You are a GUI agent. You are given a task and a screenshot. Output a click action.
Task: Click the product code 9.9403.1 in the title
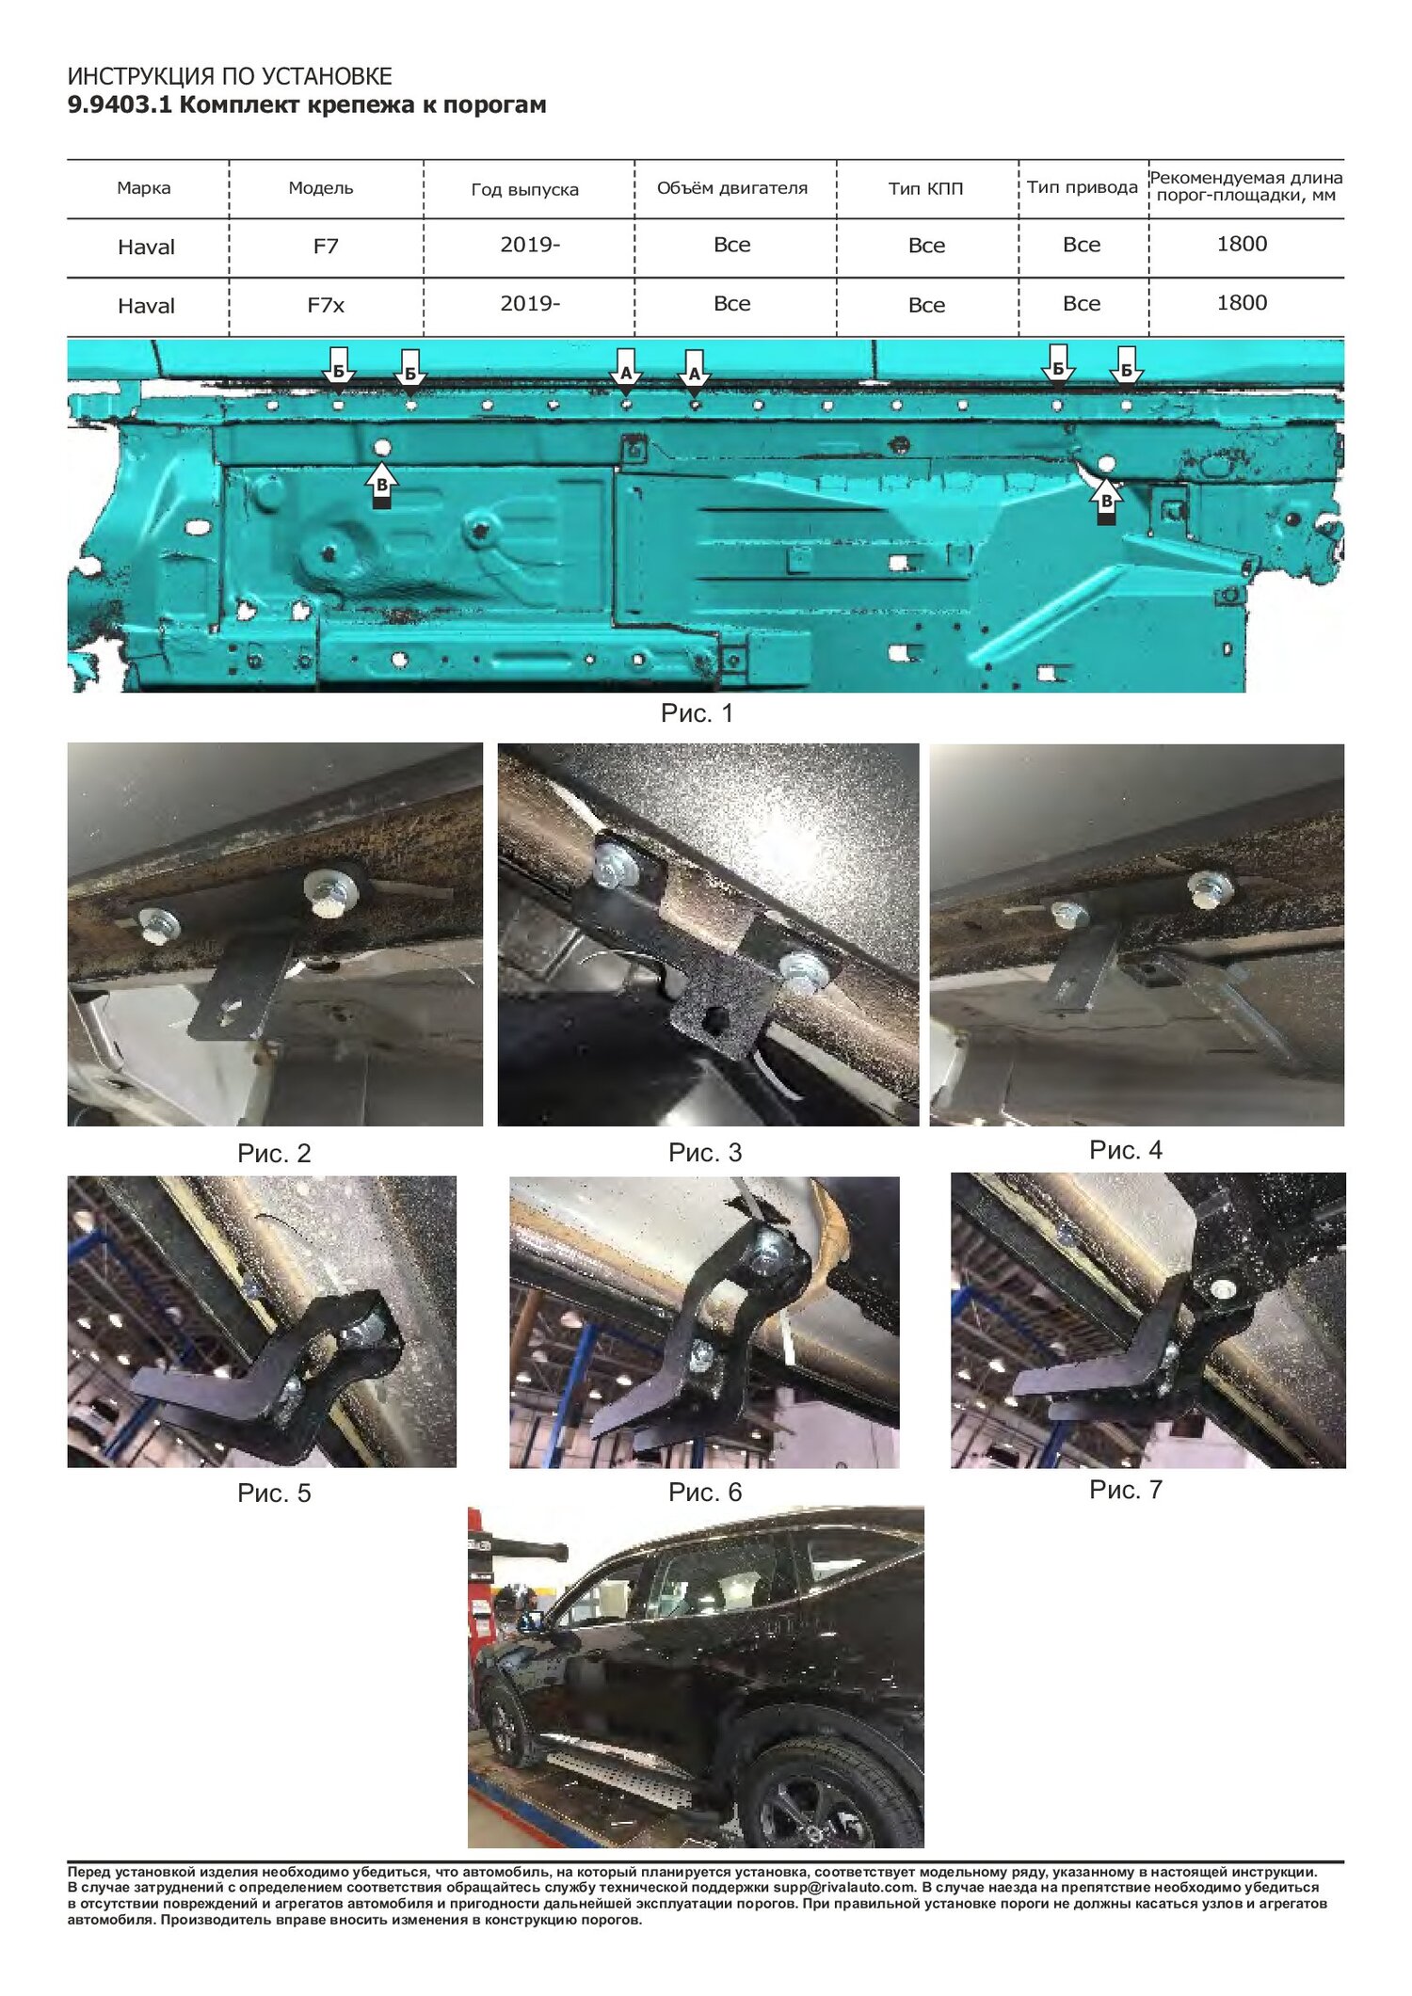(120, 104)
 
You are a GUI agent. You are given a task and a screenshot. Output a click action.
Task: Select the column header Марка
(144, 188)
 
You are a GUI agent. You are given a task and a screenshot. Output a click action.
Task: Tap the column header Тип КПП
(926, 189)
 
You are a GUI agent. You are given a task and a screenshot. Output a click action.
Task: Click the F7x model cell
(326, 305)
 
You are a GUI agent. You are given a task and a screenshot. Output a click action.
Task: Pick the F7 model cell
(326, 247)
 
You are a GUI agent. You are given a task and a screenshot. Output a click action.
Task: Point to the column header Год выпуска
(524, 190)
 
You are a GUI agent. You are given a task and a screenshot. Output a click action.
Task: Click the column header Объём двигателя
(732, 188)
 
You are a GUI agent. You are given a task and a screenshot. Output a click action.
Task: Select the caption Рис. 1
(697, 713)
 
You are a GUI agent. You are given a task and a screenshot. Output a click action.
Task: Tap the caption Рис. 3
(705, 1153)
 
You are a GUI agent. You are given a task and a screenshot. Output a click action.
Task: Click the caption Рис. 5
(274, 1493)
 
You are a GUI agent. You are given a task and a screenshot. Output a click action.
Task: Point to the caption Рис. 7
(1126, 1490)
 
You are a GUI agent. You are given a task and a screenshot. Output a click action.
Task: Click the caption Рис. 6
(705, 1493)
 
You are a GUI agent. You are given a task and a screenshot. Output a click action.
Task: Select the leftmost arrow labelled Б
(338, 366)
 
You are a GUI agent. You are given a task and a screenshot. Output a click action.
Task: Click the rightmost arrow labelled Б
(1126, 365)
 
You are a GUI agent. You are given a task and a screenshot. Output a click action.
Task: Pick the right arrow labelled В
(1106, 501)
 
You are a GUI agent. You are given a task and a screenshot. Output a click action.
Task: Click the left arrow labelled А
(626, 367)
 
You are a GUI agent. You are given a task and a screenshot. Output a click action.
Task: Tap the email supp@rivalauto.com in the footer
(844, 1888)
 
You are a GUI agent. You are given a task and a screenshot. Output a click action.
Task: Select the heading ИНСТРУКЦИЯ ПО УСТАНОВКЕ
(230, 76)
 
